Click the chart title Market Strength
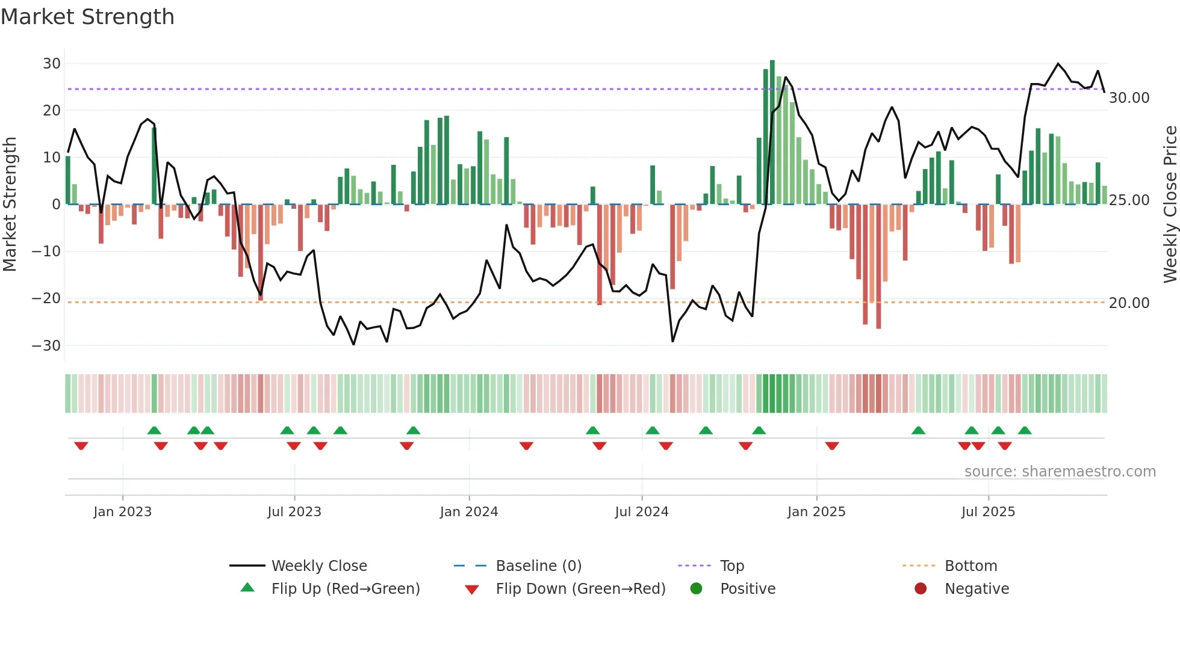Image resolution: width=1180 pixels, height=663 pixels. pos(87,17)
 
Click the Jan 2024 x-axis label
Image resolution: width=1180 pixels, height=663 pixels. pos(469,512)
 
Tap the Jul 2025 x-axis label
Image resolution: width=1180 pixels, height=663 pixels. pos(988,512)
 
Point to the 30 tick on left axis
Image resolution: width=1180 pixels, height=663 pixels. pos(52,64)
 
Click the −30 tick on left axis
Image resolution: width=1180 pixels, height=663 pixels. pos(46,346)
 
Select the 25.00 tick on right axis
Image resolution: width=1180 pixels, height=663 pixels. pos(1129,200)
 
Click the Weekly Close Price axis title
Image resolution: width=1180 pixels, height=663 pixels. pos(1170,205)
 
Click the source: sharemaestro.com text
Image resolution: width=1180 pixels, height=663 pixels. pos(1060,472)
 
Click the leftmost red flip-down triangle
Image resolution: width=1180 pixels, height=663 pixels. pos(81,446)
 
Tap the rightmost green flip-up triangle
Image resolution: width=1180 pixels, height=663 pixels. pos(1025,430)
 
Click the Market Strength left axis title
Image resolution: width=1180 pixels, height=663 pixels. pos(10,205)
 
